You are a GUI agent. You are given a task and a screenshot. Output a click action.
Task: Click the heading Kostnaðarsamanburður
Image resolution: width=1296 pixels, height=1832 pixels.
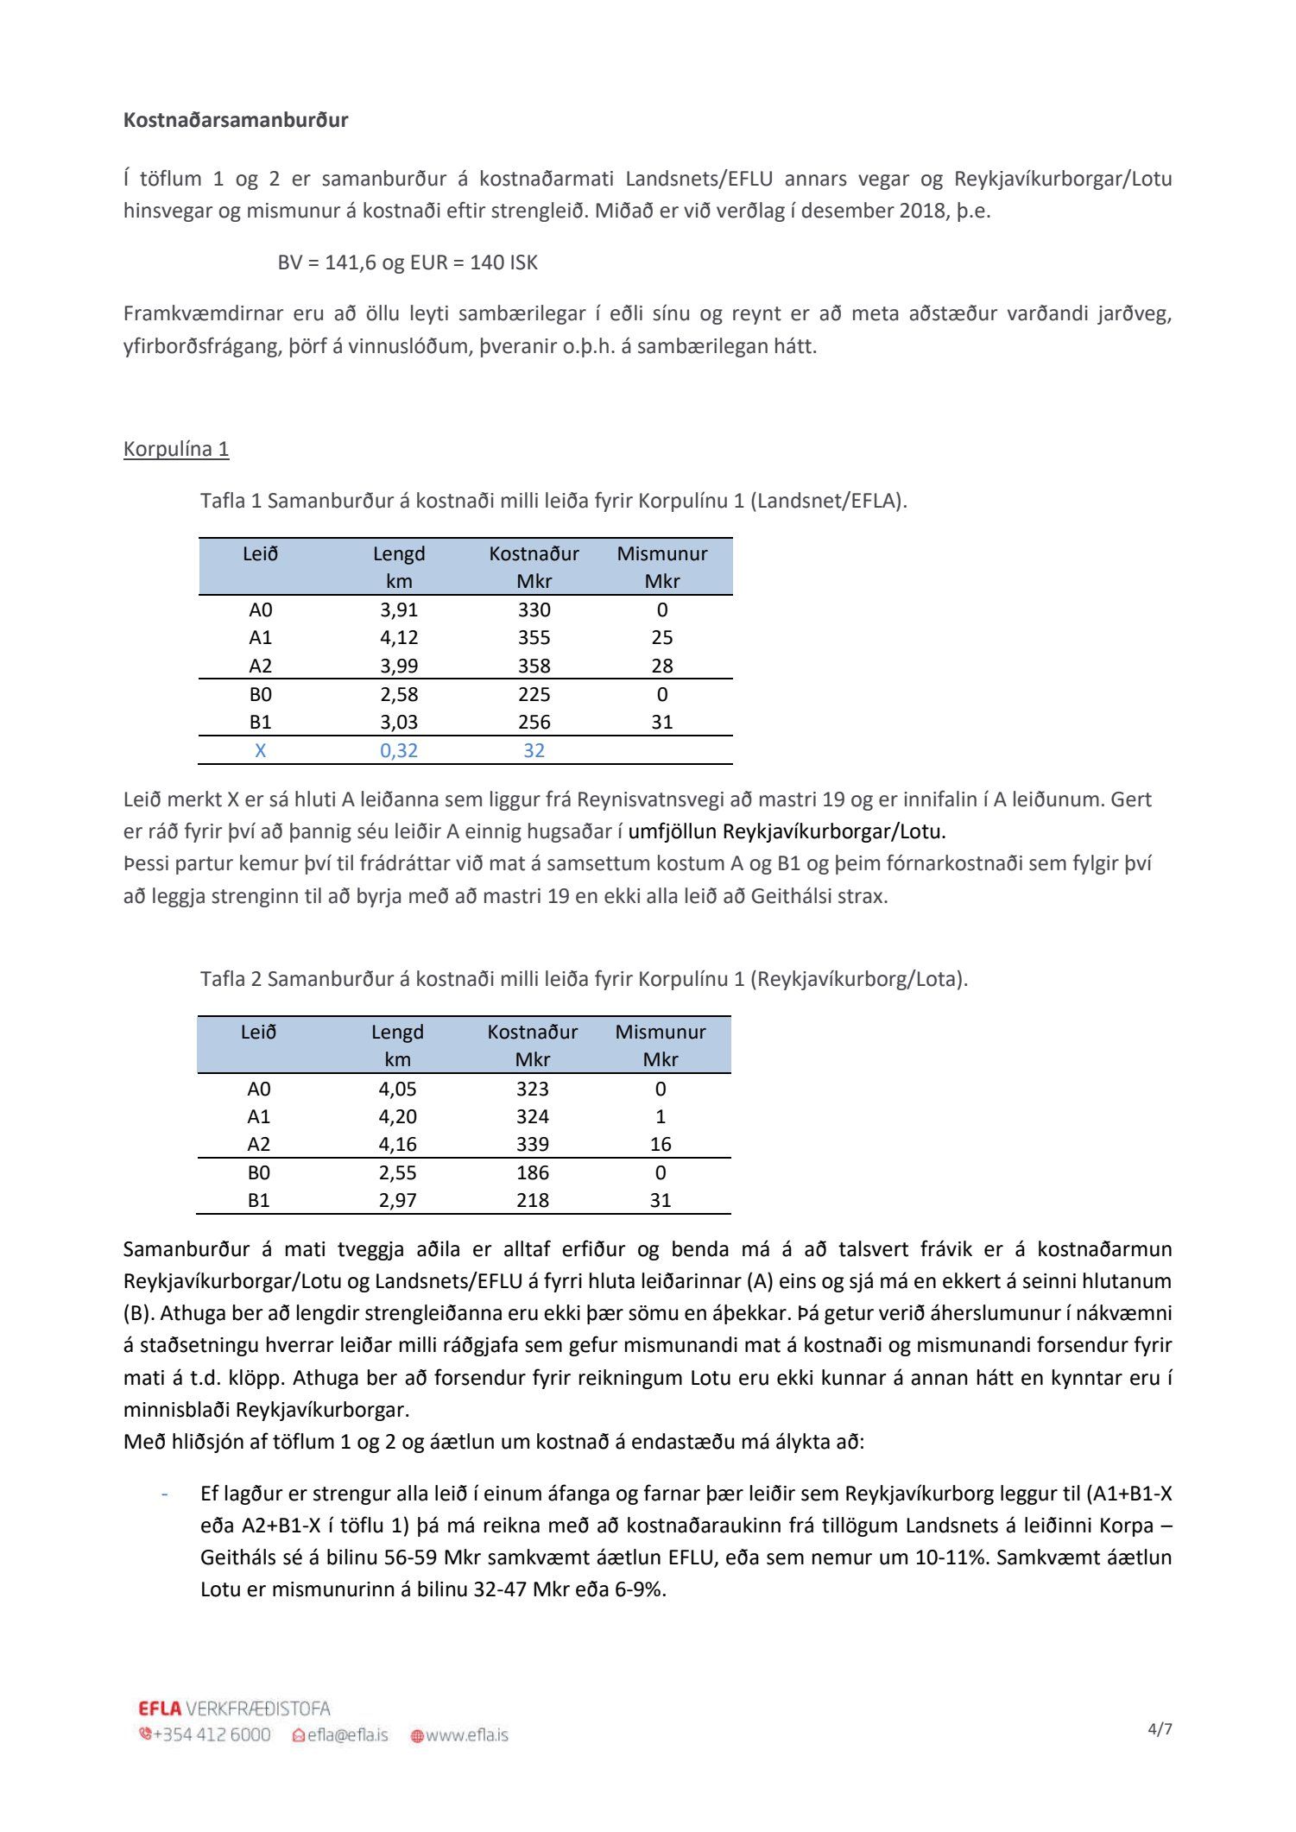click(236, 120)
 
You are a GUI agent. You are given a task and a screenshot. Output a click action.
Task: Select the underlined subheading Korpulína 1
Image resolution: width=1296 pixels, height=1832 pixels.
click(176, 449)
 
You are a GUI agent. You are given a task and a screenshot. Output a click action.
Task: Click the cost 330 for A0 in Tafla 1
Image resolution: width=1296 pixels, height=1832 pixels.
click(534, 610)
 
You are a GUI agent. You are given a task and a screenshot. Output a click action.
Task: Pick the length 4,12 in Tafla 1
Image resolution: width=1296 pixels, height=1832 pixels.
click(399, 637)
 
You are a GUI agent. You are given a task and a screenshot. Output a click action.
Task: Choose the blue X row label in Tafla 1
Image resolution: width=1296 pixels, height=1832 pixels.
click(261, 750)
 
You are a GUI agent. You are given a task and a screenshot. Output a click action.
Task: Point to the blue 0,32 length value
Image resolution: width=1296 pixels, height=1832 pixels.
click(399, 750)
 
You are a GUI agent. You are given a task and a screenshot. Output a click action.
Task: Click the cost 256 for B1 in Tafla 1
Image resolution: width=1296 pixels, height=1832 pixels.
click(534, 722)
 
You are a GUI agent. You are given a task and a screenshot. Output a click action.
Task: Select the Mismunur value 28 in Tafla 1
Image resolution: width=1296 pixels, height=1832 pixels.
click(662, 666)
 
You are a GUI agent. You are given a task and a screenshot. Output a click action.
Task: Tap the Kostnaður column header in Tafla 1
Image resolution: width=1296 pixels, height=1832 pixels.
click(534, 554)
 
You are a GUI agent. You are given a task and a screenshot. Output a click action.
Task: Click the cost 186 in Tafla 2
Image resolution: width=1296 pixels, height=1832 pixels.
click(533, 1172)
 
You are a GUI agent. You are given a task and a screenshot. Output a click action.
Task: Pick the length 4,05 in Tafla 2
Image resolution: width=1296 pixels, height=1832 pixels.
click(397, 1089)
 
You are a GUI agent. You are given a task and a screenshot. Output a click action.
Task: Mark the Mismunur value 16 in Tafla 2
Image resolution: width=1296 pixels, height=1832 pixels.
click(661, 1144)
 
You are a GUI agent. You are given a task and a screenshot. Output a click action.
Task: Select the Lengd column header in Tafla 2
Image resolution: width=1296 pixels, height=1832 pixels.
click(397, 1033)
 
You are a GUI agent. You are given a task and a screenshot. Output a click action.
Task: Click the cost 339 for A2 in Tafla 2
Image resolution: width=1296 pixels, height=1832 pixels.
click(533, 1144)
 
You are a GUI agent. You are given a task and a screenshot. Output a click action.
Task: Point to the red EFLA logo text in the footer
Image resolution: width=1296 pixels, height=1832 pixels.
click(160, 1709)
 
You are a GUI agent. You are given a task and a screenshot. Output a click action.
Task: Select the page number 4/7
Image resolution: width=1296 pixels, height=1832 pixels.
click(1160, 1728)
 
